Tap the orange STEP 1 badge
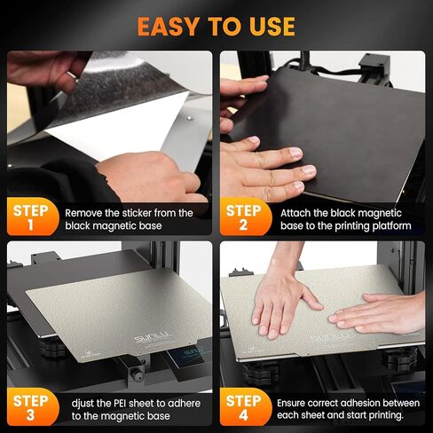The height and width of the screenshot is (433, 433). [x=28, y=219]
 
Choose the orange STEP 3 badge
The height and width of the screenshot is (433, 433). [x=28, y=407]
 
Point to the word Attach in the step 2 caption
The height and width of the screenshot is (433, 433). [x=296, y=213]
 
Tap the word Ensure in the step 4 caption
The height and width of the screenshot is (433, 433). [x=297, y=401]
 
